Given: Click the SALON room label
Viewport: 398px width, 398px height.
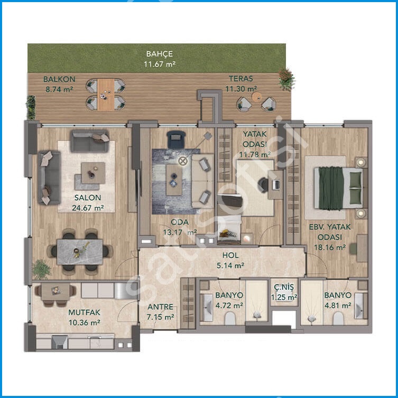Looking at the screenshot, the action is pyautogui.click(x=88, y=198).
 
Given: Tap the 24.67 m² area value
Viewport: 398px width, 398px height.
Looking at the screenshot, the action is pyautogui.click(x=88, y=208).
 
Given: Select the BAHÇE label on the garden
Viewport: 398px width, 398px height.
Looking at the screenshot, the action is pyautogui.click(x=160, y=54).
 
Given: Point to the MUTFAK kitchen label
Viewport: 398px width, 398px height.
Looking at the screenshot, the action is pyautogui.click(x=84, y=312).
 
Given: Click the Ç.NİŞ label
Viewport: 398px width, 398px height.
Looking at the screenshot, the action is pyautogui.click(x=284, y=288).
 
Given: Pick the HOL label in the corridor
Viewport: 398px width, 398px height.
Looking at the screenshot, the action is pyautogui.click(x=230, y=255).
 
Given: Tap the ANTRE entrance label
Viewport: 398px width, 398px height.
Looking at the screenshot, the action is pyautogui.click(x=161, y=307).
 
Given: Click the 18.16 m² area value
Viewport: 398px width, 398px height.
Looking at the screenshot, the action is pyautogui.click(x=330, y=247).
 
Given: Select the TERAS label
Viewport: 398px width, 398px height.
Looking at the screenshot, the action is pyautogui.click(x=241, y=79).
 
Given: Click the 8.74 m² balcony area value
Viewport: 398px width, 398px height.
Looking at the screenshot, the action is pyautogui.click(x=59, y=89).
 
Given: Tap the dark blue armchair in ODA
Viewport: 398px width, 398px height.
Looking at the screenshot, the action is pyautogui.click(x=177, y=139).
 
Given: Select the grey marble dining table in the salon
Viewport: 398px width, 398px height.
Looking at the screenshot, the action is pyautogui.click(x=80, y=252).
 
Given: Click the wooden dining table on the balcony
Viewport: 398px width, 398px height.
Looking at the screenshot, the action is pyautogui.click(x=106, y=95).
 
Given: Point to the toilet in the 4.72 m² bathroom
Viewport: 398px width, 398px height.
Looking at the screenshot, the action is pyautogui.click(x=230, y=318).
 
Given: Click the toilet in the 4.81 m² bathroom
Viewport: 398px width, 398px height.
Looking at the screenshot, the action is pyautogui.click(x=338, y=318).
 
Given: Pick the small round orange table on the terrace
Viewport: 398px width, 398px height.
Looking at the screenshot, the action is pyautogui.click(x=257, y=96).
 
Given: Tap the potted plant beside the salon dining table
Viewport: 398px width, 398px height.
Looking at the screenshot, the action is pyautogui.click(x=41, y=269).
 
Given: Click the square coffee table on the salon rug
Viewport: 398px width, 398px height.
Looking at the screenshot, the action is pyautogui.click(x=93, y=173).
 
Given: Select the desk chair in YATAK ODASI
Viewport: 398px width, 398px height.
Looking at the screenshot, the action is pyautogui.click(x=263, y=185).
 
